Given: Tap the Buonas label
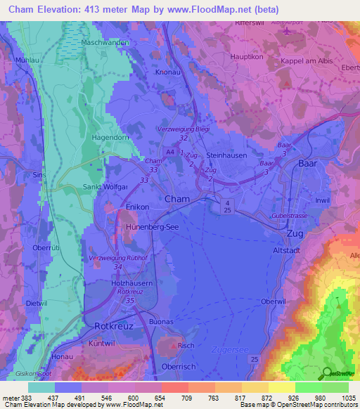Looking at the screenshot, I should tap(162, 321).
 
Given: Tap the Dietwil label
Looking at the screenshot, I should tap(34, 303).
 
